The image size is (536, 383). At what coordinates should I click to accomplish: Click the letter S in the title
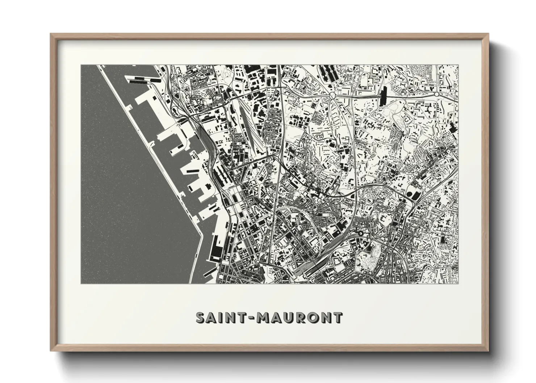(x=201, y=317)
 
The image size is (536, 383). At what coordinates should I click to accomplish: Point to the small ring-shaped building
(x=360, y=233)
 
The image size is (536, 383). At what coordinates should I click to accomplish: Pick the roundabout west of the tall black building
(x=332, y=95)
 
